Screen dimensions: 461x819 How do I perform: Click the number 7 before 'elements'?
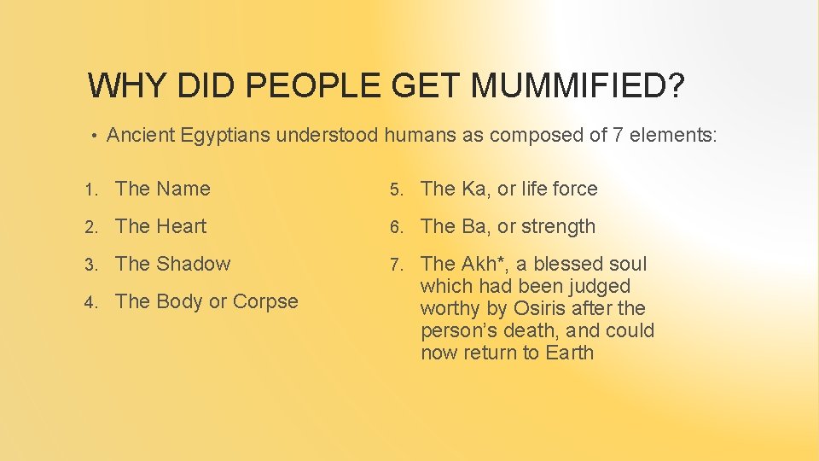tap(619, 134)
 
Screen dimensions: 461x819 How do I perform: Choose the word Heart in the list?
tap(183, 226)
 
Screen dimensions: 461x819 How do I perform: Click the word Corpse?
tap(265, 301)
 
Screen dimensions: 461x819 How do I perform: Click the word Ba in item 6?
tap(473, 226)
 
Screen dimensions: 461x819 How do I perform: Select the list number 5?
tap(396, 190)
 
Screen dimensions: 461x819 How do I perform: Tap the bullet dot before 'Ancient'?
tap(96, 135)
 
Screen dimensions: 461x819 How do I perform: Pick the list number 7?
tap(396, 265)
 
